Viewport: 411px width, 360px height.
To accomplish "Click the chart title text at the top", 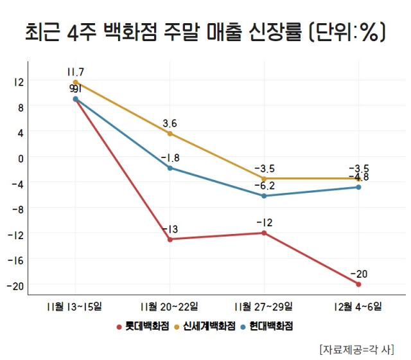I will tap(205, 32).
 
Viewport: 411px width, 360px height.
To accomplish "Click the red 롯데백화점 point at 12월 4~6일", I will tap(358, 284).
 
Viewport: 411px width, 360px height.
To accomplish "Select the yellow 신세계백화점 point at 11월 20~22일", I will tap(170, 134).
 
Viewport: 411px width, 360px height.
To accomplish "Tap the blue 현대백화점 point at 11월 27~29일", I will tap(264, 195).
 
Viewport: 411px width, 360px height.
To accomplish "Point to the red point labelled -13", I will tap(170, 240).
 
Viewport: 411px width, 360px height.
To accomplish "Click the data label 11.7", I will tap(75, 71).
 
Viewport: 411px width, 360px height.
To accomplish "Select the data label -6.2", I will tap(264, 186).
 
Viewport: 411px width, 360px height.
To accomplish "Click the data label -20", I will tap(358, 274).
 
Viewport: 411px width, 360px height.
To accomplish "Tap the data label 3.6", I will tap(170, 123).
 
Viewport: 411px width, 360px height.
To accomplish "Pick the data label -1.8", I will tap(170, 158).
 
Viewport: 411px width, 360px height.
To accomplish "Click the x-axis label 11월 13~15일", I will tap(75, 305).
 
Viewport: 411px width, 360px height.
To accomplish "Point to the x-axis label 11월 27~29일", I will tap(264, 305).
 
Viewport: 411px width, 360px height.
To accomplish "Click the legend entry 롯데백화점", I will tap(147, 326).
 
